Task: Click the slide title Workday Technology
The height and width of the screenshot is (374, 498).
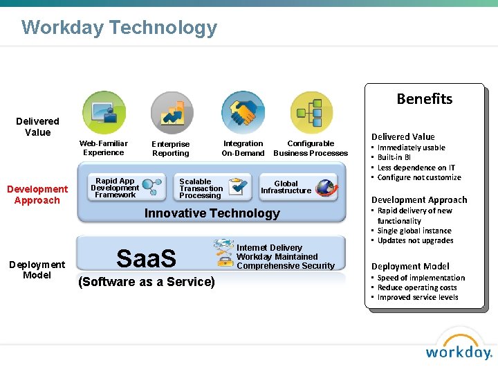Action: coord(119,28)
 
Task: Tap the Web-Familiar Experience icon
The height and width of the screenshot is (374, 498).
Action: coord(104,112)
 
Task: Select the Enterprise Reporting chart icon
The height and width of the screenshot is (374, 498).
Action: coord(172,113)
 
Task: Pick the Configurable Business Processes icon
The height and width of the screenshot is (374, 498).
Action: coord(311,112)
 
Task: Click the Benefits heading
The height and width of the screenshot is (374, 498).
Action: coord(424,99)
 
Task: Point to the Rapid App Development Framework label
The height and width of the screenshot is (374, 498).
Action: coord(115,188)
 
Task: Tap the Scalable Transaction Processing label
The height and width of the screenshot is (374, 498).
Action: coord(201,188)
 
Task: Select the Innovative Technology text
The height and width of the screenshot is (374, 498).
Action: coord(212,213)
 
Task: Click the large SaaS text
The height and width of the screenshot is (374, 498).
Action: coord(146,258)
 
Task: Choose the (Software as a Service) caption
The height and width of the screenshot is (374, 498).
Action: coord(147,282)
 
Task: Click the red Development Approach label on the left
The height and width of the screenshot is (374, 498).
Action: coord(37,195)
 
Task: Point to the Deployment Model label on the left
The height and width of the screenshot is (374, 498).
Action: coord(37,269)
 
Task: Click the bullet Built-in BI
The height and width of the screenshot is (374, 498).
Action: coord(394,157)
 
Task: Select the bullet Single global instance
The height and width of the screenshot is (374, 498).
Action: coord(414,231)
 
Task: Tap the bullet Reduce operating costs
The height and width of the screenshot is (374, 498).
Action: coord(417,287)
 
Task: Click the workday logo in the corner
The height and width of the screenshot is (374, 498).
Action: coord(458,346)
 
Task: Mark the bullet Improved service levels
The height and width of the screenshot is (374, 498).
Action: coord(418,297)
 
